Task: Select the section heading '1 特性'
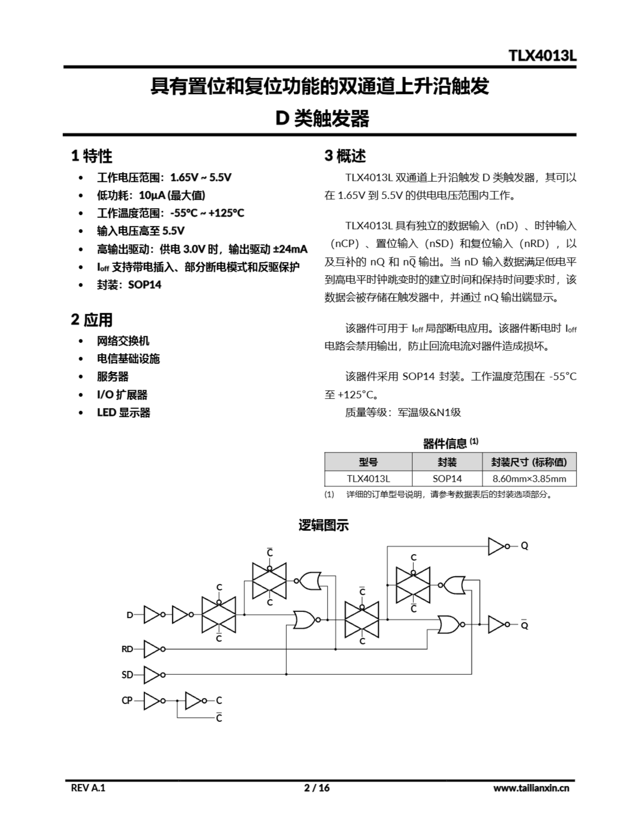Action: pyautogui.click(x=92, y=156)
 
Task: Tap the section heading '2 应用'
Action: pyautogui.click(x=92, y=320)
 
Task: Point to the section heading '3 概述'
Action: pyautogui.click(x=345, y=156)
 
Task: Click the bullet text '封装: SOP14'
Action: pyautogui.click(x=129, y=285)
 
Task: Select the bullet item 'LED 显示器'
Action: pyautogui.click(x=123, y=412)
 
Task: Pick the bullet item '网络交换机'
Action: pyautogui.click(x=123, y=341)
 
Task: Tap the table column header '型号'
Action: pyautogui.click(x=368, y=462)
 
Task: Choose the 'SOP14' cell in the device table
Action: pyautogui.click(x=447, y=478)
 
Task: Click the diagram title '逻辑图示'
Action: pyautogui.click(x=323, y=525)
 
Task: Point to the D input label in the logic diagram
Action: pyautogui.click(x=130, y=615)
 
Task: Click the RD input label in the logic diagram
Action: pyautogui.click(x=127, y=649)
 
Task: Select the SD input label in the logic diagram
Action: pyautogui.click(x=127, y=675)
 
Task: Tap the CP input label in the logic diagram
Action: pyautogui.click(x=127, y=700)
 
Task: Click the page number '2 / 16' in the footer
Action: pyautogui.click(x=317, y=788)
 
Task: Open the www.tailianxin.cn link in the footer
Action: pyautogui.click(x=531, y=788)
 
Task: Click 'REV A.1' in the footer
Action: pyautogui.click(x=88, y=788)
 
